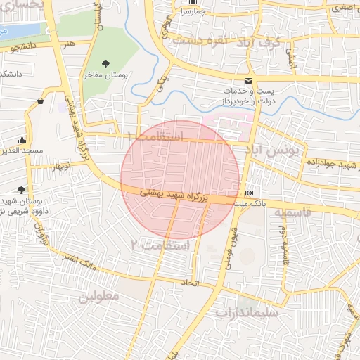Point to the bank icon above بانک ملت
[x=249, y=193]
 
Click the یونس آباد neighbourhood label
[x=271, y=150]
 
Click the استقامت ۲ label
[x=161, y=245]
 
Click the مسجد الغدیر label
[x=22, y=150]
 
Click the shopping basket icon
[x=39, y=101]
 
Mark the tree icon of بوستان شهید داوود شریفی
[x=22, y=190]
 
